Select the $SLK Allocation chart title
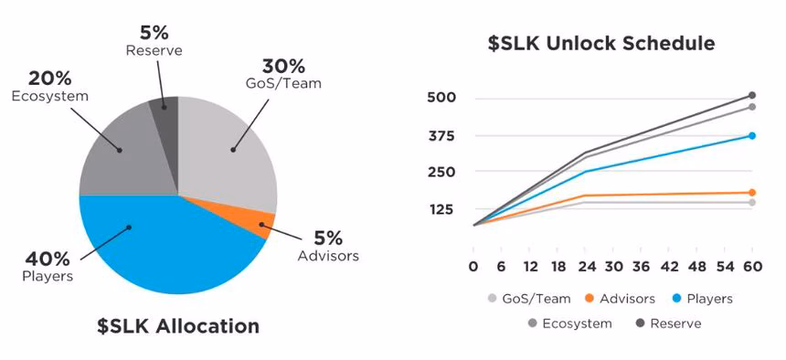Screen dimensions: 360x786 click(177, 325)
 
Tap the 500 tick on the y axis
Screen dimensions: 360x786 click(441, 98)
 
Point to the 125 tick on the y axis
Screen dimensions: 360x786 click(441, 209)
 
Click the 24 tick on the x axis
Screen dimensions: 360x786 click(584, 267)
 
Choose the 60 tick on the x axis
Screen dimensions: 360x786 click(752, 267)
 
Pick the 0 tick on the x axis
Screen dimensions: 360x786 click(473, 267)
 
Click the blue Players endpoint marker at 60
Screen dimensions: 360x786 click(752, 135)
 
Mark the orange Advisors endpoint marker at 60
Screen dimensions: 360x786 click(752, 193)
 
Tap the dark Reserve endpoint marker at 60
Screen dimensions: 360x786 click(752, 95)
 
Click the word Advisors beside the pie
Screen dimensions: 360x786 click(328, 255)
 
